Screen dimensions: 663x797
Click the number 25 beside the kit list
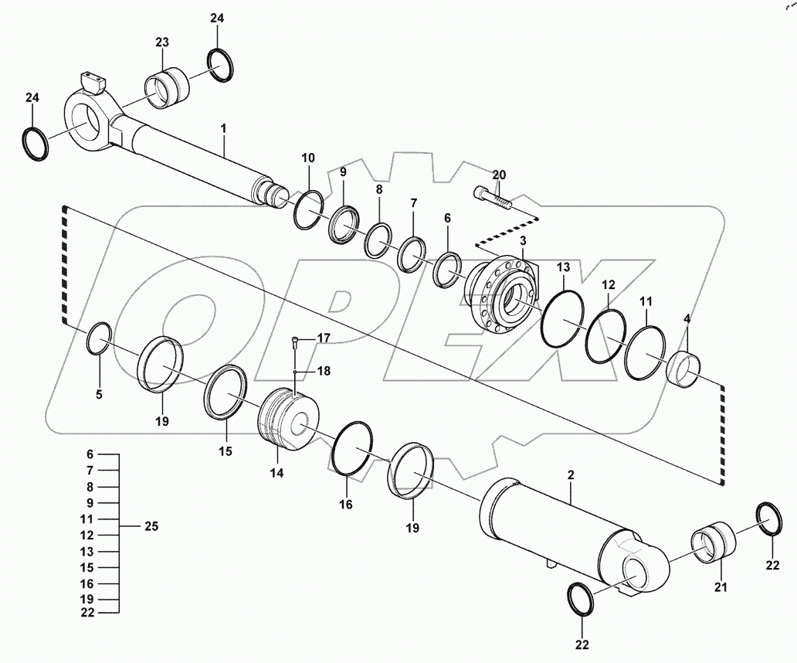[151, 526]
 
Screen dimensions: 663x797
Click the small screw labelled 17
[295, 339]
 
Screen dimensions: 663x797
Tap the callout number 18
[323, 371]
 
